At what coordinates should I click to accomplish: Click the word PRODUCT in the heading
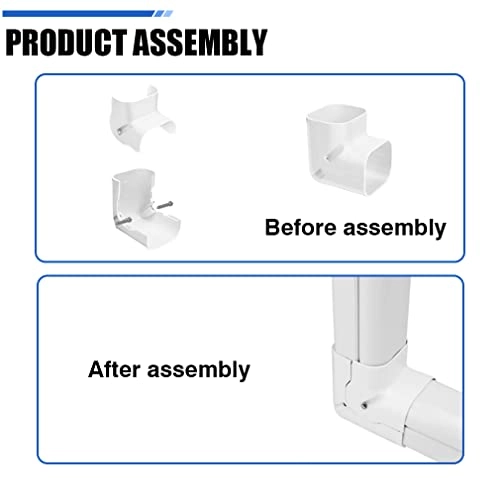tap(67, 42)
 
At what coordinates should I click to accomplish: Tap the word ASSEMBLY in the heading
tap(200, 42)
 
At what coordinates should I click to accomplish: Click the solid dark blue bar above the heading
tap(78, 14)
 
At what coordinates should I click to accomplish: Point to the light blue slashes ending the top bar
tap(164, 14)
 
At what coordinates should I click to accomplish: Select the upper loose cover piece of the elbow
tap(143, 118)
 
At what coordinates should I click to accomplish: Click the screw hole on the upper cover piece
tap(119, 131)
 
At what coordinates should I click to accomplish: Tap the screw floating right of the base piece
tap(165, 205)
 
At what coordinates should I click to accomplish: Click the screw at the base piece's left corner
tap(122, 221)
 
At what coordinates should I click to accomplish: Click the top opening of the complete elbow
tap(336, 117)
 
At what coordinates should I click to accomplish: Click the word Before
tap(301, 227)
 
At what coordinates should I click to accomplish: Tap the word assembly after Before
tap(395, 229)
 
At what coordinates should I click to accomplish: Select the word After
tap(114, 369)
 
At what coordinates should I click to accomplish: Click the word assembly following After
tap(198, 370)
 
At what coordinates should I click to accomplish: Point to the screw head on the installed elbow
tap(365, 405)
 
